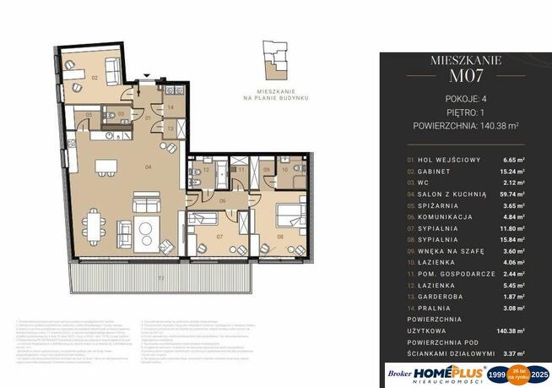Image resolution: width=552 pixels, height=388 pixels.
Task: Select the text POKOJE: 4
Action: [x=466, y=97]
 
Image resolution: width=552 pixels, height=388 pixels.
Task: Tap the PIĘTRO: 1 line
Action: [x=466, y=111]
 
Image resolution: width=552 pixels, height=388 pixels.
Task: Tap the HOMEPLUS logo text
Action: [x=448, y=373]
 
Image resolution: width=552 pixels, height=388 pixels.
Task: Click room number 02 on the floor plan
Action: [x=95, y=77]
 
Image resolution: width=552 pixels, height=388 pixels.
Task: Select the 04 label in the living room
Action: [x=149, y=167]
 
